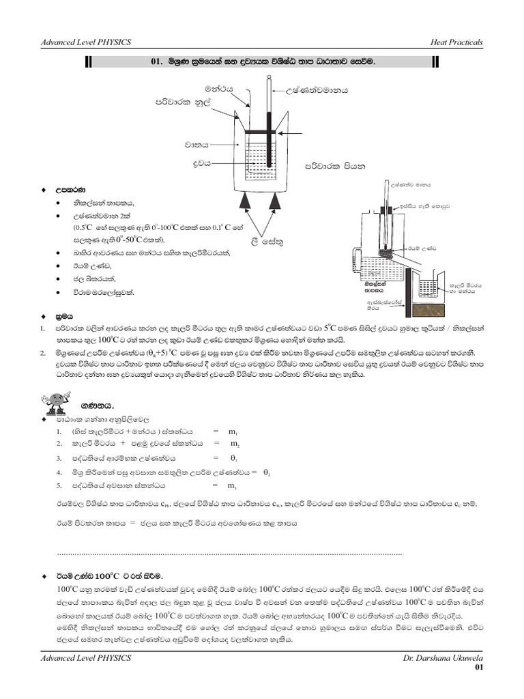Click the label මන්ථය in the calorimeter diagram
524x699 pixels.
pos(219,89)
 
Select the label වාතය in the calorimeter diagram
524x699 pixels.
pos(196,145)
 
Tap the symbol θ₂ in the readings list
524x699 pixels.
pos(267,472)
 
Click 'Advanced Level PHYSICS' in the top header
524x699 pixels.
pos(86,42)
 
